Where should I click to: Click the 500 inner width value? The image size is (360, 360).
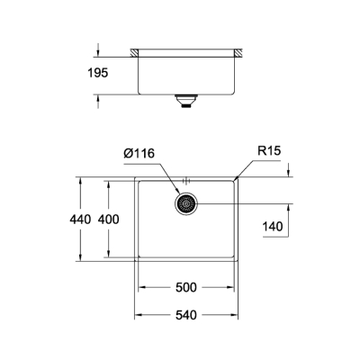pos(186,289)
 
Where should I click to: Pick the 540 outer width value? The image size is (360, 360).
pos(186,316)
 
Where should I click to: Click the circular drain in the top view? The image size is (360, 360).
pos(186,204)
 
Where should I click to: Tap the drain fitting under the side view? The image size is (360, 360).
pos(186,101)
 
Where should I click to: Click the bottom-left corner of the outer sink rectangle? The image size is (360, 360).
pos(136,264)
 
